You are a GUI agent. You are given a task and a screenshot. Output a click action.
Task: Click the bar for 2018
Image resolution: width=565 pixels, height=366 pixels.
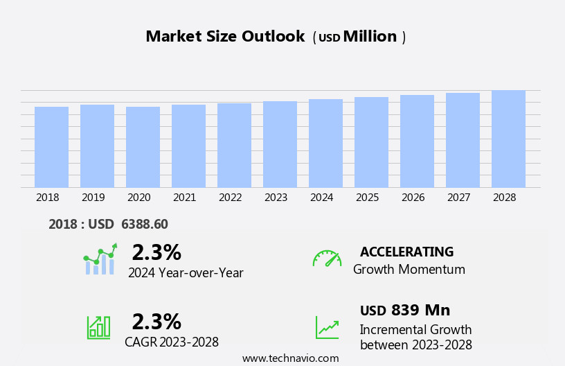[51, 147]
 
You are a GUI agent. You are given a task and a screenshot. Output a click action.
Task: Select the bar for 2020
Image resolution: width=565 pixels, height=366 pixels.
[143, 147]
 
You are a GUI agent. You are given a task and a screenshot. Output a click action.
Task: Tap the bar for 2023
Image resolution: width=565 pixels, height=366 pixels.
[280, 144]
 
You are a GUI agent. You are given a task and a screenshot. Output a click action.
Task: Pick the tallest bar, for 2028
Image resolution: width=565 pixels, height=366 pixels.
[508, 139]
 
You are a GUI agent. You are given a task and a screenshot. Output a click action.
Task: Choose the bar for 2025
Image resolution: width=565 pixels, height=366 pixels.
[371, 142]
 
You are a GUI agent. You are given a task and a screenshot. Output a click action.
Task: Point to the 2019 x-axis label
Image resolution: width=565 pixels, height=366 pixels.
[93, 198]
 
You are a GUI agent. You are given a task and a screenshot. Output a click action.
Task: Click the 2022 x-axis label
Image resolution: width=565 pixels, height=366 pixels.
[231, 198]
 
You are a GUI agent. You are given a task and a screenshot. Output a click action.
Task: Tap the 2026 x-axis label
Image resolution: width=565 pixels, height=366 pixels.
[413, 198]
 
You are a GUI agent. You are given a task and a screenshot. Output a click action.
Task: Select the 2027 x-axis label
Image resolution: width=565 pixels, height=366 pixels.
[459, 198]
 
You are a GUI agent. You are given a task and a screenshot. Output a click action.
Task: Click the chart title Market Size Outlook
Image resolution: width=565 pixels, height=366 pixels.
[225, 37]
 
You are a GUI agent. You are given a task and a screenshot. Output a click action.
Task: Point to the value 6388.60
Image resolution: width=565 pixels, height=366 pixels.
[144, 224]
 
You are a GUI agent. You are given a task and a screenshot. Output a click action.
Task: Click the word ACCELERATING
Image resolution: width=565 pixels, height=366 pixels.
[406, 252]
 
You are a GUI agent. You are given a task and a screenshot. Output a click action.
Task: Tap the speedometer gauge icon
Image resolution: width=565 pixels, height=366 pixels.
[327, 259]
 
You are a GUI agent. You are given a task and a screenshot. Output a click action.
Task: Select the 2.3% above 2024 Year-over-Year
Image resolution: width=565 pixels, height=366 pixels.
[156, 252]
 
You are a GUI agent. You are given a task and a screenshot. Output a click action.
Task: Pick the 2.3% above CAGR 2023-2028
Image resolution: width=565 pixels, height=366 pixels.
[156, 322]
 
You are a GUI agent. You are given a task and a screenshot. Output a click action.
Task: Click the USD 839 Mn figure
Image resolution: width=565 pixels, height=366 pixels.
[405, 310]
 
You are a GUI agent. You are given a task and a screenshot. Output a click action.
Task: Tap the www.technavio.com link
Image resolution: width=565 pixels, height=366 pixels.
[290, 358]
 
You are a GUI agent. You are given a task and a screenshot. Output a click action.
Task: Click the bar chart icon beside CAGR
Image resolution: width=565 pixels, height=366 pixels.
[98, 327]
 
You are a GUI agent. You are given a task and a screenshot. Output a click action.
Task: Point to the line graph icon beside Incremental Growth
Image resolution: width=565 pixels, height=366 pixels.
[327, 327]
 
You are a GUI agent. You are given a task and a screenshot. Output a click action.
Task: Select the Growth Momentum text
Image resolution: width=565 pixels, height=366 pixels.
[409, 270]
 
